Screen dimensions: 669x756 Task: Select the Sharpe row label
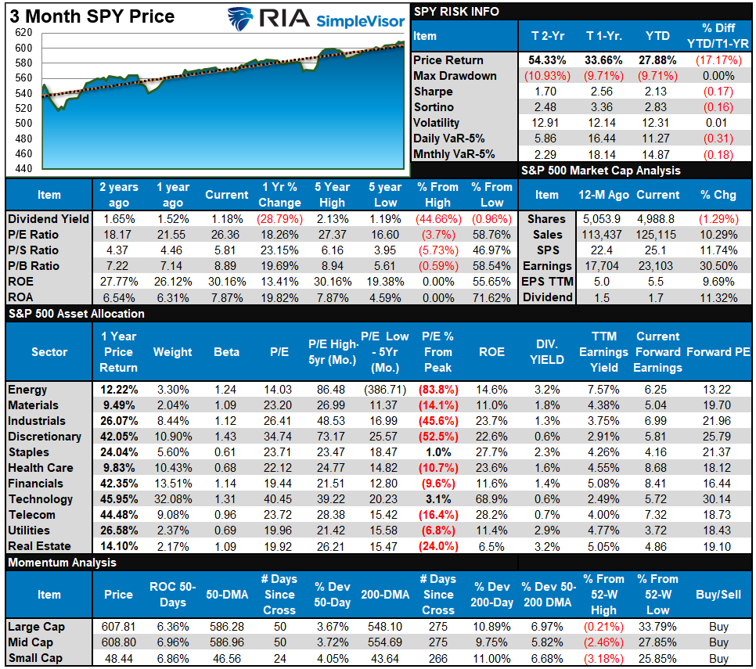point(433,92)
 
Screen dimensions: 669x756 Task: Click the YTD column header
point(657,36)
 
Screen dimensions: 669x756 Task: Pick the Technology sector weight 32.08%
point(172,499)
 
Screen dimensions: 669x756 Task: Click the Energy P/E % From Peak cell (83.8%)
point(438,390)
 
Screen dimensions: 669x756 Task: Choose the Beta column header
point(226,352)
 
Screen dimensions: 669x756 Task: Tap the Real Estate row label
point(39,546)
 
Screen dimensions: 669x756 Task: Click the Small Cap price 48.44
point(118,658)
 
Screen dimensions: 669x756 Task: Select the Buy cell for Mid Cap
point(718,642)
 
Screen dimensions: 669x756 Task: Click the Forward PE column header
point(718,352)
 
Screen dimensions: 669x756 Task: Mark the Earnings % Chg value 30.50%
point(718,266)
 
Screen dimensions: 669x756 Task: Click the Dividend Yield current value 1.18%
point(226,219)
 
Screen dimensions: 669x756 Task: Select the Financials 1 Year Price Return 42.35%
point(118,484)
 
